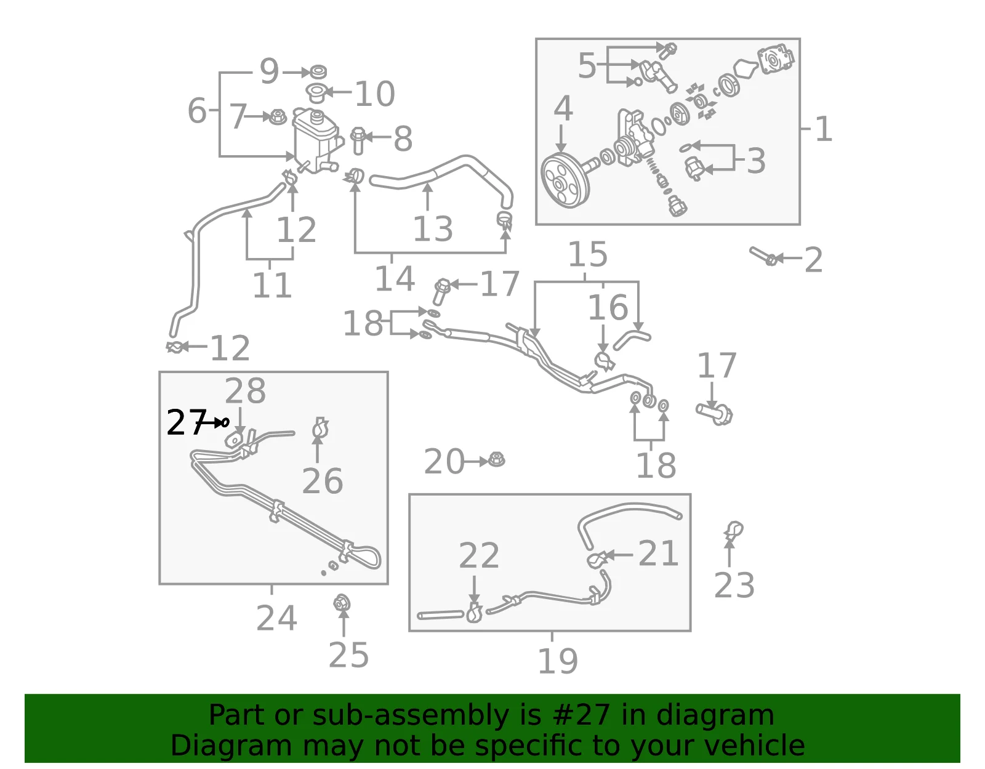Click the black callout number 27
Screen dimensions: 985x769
pyautogui.click(x=187, y=422)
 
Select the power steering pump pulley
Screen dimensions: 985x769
pyautogui.click(x=565, y=181)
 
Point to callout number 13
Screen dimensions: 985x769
pyautogui.click(x=433, y=229)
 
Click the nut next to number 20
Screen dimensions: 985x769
pyautogui.click(x=496, y=460)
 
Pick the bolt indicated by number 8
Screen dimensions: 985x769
pyautogui.click(x=358, y=140)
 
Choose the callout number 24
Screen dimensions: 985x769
pyautogui.click(x=276, y=618)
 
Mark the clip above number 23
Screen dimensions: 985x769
pyautogui.click(x=733, y=531)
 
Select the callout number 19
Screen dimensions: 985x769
pyautogui.click(x=558, y=661)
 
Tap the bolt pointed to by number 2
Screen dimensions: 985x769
pyautogui.click(x=764, y=256)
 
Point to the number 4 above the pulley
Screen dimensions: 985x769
pyautogui.click(x=563, y=109)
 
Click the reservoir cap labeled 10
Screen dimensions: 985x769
pyautogui.click(x=316, y=93)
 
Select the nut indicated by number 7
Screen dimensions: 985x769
pyautogui.click(x=278, y=118)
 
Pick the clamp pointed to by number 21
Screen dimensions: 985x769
pyautogui.click(x=597, y=560)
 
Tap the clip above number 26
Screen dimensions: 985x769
pyautogui.click(x=320, y=428)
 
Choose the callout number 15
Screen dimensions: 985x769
pyautogui.click(x=587, y=254)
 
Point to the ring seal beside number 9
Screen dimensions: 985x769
pyautogui.click(x=318, y=71)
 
